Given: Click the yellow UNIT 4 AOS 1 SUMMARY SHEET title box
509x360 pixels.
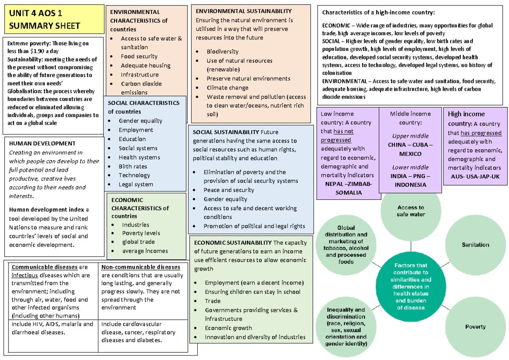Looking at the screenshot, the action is [x=54, y=20].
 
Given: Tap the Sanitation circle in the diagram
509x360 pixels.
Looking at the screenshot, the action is [x=475, y=245].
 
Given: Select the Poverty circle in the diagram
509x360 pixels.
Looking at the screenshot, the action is [x=475, y=327].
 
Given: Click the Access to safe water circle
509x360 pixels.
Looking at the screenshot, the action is [x=411, y=211].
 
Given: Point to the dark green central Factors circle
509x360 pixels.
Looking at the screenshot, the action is [x=411, y=286].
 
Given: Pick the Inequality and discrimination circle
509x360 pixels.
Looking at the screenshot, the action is [x=346, y=327].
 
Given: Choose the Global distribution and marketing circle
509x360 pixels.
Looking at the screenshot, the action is [x=346, y=245].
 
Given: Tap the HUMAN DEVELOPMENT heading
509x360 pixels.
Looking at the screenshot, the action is [x=42, y=144].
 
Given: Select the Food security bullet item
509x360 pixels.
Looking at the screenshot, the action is [x=139, y=56].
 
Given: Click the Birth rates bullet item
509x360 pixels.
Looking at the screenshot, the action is [x=133, y=167].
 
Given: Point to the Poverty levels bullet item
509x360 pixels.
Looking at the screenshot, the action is [x=141, y=233].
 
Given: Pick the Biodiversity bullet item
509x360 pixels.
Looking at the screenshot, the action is [x=222, y=52].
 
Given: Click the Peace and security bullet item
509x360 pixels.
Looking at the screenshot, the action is [x=229, y=190].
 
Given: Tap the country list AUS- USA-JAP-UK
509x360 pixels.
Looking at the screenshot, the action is [x=475, y=177].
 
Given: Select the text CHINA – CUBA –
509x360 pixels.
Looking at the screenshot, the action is [x=411, y=145].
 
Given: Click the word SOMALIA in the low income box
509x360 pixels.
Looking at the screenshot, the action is [x=349, y=193].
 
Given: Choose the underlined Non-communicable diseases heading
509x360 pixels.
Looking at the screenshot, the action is [x=141, y=267].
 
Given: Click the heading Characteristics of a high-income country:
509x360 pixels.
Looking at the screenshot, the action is [x=378, y=12].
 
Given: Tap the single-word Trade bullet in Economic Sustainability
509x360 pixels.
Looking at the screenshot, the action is [x=213, y=301].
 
